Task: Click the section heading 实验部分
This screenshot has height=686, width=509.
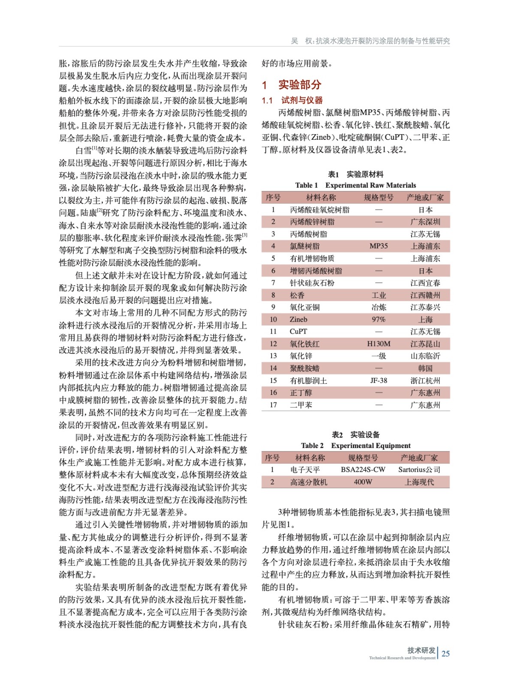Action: click(x=299, y=85)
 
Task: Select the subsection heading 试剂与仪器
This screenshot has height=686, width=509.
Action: click(x=302, y=100)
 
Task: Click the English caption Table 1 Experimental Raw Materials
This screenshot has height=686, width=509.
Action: click(x=355, y=185)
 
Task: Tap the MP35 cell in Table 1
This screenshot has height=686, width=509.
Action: click(x=378, y=246)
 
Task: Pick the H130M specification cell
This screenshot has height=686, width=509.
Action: click(x=378, y=344)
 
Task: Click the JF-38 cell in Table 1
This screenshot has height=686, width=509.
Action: click(x=378, y=380)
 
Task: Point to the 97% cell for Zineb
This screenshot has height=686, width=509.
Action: click(x=378, y=319)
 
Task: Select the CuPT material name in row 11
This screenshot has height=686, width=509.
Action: click(x=298, y=331)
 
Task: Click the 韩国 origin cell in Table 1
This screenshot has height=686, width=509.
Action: click(x=425, y=368)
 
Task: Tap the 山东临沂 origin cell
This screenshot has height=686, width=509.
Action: click(x=425, y=356)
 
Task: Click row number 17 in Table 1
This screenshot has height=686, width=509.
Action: click(x=273, y=405)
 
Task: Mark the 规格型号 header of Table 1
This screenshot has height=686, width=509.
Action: click(x=378, y=198)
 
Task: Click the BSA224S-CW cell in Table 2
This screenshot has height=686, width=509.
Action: click(x=363, y=470)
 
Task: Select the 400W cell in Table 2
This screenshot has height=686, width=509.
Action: click(x=363, y=482)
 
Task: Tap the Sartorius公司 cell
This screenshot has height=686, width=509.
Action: click(x=419, y=470)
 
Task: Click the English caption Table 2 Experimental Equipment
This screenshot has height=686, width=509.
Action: click(x=355, y=445)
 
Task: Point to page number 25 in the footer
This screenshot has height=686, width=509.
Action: click(x=446, y=653)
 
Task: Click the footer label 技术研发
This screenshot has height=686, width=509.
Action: click(x=421, y=650)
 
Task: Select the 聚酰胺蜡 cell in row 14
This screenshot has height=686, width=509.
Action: click(x=304, y=368)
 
